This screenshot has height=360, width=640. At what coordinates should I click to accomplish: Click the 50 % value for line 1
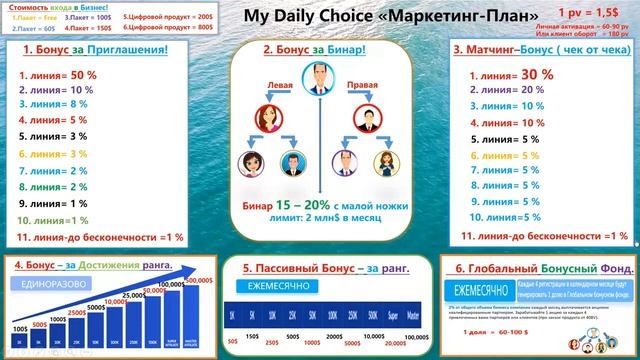coord(83,75)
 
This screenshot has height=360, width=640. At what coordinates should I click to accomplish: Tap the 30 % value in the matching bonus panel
coord(536,73)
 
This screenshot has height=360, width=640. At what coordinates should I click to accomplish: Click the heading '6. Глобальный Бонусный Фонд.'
coord(538,268)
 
